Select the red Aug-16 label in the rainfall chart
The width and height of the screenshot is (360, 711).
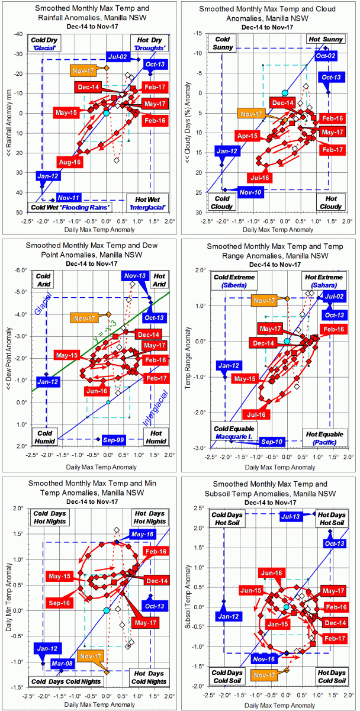pos(69,162)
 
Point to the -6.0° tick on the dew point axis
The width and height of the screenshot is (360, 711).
pos(20,269)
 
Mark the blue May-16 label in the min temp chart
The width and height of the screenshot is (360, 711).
pos(142,535)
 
